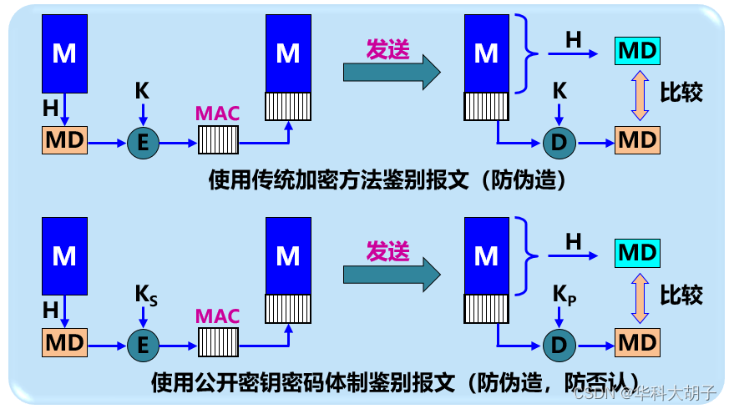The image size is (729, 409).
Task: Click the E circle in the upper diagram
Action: tap(143, 143)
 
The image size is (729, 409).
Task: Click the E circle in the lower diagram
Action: tap(143, 346)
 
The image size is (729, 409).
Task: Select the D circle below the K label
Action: tap(559, 143)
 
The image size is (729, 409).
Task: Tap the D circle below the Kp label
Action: tap(559, 346)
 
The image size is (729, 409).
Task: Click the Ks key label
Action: tap(146, 295)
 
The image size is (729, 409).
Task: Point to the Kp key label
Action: tap(564, 295)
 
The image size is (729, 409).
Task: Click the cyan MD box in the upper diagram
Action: tap(637, 51)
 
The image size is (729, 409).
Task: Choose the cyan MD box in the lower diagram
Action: tap(637, 253)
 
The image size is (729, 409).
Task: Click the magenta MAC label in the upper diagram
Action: tap(217, 114)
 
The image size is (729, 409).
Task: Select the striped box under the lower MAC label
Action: tap(219, 342)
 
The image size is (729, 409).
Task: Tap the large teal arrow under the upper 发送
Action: tap(392, 73)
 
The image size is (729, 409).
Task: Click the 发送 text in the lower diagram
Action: tap(387, 252)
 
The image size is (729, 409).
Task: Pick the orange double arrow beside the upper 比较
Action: tap(640, 95)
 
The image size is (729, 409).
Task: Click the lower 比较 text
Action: tap(681, 295)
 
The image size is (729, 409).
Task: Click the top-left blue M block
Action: tap(64, 53)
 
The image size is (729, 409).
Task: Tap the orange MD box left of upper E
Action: tap(64, 140)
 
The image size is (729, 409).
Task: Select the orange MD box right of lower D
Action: tap(637, 342)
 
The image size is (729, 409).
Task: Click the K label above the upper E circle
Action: tap(142, 91)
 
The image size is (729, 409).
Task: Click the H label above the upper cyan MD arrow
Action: tap(573, 40)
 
